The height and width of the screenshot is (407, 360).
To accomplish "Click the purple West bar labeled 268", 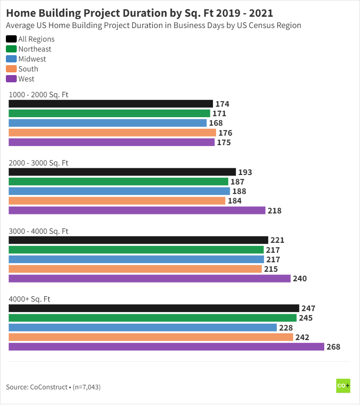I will (166, 347).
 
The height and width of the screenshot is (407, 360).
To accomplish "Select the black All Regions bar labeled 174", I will (111, 104).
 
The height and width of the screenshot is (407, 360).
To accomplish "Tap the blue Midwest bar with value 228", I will (142, 327).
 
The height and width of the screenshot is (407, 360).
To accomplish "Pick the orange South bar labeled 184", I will (117, 201).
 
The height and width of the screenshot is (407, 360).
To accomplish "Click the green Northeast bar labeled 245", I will (152, 318).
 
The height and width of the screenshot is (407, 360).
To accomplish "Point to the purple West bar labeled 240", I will (149, 279).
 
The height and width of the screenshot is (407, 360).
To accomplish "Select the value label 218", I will (274, 211).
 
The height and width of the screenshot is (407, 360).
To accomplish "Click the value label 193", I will (245, 172).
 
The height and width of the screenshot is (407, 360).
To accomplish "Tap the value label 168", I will (216, 123).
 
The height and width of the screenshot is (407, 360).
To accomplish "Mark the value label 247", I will (308, 308).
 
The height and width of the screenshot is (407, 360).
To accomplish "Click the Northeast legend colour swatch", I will (11, 49).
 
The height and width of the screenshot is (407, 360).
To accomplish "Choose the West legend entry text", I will (26, 79).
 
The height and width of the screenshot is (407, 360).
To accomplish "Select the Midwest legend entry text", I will (32, 59).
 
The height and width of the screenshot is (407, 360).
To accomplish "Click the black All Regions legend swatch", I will (11, 39).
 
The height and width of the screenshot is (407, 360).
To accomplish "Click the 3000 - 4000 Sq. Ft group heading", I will (38, 231).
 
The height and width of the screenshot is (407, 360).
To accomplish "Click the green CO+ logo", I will (343, 386).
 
